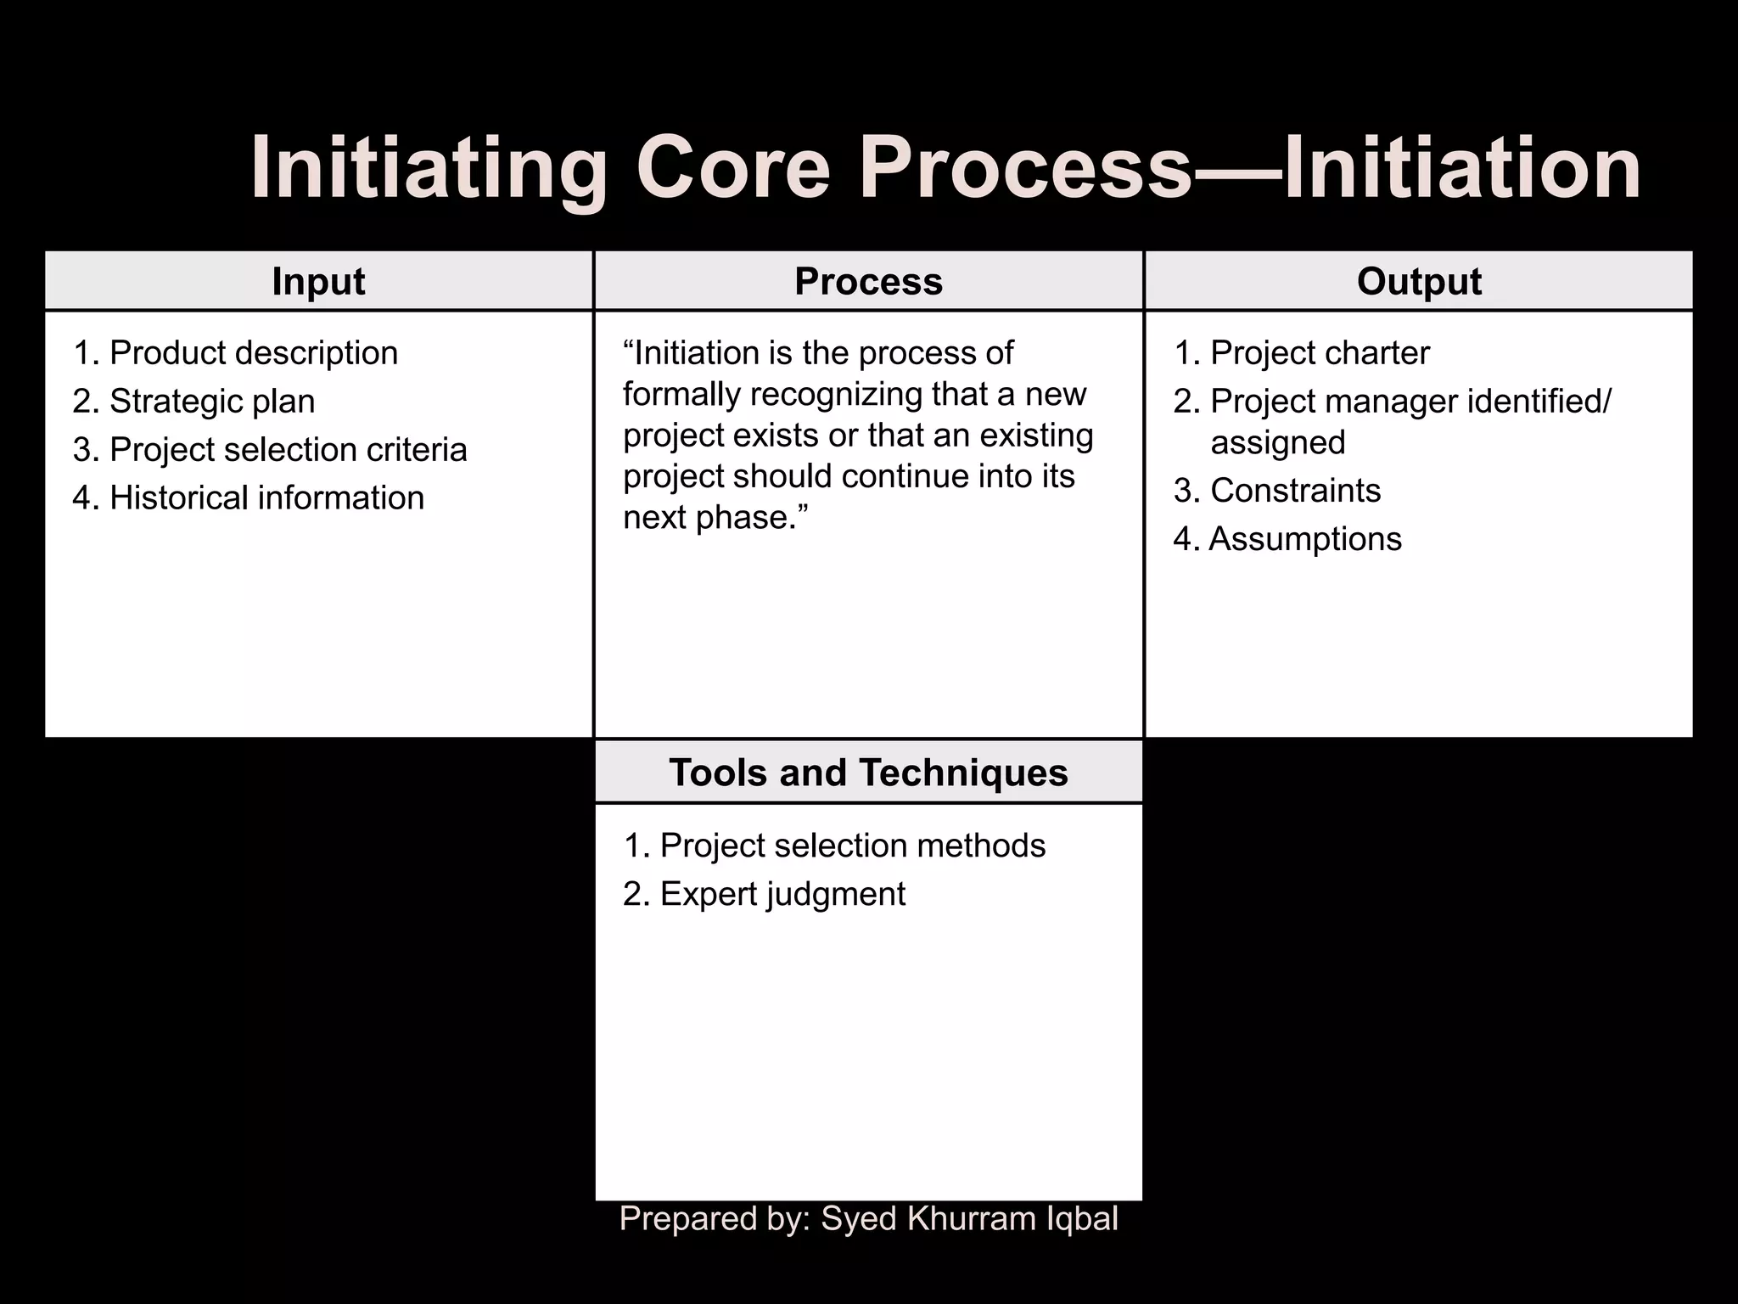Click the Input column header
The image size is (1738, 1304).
(x=318, y=282)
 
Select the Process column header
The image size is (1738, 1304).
(x=868, y=282)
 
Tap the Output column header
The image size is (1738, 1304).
(x=1419, y=282)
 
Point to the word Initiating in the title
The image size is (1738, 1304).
(x=429, y=169)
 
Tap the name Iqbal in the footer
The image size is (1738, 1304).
(x=1082, y=1219)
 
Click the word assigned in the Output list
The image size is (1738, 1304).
(x=1277, y=443)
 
